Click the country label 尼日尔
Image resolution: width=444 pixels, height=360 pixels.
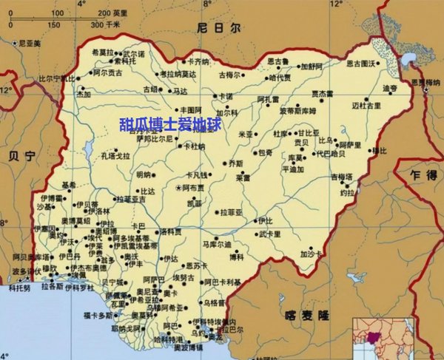(x=218, y=28)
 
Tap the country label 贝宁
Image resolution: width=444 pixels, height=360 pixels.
(x=20, y=157)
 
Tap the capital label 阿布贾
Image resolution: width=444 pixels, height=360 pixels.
(x=195, y=189)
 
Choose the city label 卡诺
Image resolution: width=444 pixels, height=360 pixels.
(x=224, y=96)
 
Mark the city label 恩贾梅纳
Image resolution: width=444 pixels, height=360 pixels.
(x=427, y=82)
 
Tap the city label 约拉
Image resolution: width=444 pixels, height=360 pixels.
(x=347, y=191)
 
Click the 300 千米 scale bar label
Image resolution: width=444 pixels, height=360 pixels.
(x=105, y=24)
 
